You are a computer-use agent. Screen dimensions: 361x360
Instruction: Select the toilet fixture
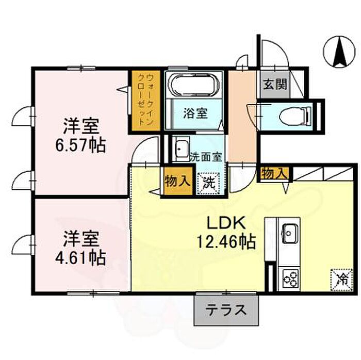(x=294, y=115)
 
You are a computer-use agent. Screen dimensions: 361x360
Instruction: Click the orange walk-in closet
(x=145, y=101)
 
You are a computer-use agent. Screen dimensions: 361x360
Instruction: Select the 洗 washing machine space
(x=209, y=182)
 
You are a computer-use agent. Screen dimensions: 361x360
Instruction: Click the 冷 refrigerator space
(x=340, y=280)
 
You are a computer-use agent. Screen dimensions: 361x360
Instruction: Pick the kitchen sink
(x=289, y=233)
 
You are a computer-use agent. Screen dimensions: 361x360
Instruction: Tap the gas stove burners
(x=289, y=279)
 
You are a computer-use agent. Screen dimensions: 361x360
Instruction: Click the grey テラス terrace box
(x=225, y=310)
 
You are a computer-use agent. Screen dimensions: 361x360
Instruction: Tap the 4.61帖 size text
(x=81, y=256)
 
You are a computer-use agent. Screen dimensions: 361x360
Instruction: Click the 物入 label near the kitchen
(x=273, y=174)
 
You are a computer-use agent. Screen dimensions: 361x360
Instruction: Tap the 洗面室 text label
(x=207, y=156)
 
